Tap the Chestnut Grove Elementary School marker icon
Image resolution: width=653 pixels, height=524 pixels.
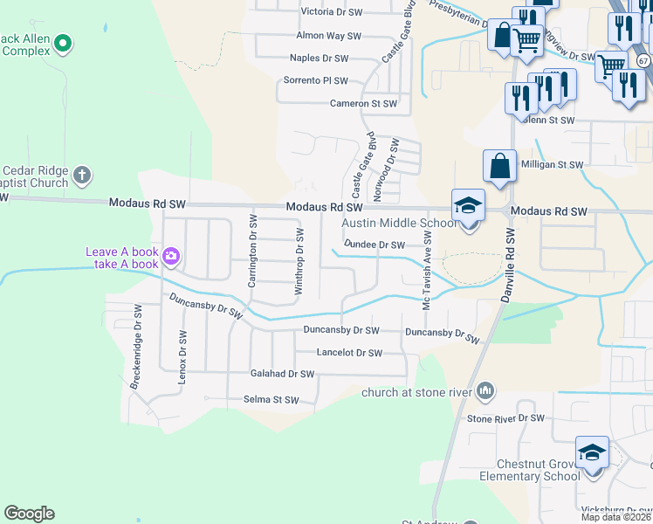click(x=593, y=453)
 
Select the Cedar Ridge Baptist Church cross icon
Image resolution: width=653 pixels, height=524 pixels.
click(x=82, y=175)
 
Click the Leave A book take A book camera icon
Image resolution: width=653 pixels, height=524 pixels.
click(x=170, y=256)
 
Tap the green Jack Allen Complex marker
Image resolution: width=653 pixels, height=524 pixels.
click(x=63, y=42)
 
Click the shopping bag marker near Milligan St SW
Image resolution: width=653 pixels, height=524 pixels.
click(x=499, y=165)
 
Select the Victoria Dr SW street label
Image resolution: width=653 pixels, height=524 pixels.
click(x=331, y=12)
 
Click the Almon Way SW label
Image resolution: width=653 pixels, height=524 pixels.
click(x=328, y=36)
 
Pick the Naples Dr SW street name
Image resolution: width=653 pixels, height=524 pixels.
click(x=325, y=59)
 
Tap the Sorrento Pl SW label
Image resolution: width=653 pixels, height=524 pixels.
click(x=316, y=80)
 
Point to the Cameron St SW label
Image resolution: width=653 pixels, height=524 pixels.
click(x=363, y=103)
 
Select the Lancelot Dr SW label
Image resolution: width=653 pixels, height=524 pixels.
click(x=350, y=353)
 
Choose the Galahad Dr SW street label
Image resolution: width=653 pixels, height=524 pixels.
click(x=281, y=374)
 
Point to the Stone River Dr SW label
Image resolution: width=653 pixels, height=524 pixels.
click(x=499, y=418)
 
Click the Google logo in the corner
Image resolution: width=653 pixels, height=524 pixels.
click(x=29, y=514)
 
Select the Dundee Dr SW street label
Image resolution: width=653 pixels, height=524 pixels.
click(x=375, y=245)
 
